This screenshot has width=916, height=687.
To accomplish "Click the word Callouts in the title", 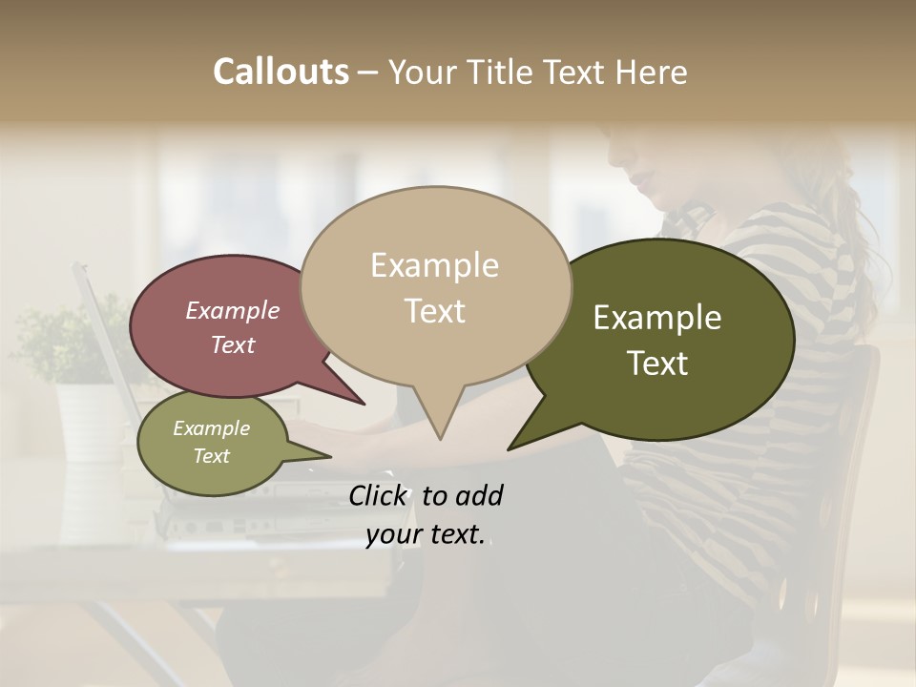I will [x=281, y=72].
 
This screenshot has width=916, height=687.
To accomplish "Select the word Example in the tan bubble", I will [x=434, y=265].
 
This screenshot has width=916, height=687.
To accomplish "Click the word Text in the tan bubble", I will [x=434, y=311].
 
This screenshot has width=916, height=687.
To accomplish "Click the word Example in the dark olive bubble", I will [x=657, y=318].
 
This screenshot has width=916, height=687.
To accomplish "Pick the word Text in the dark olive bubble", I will [x=657, y=364].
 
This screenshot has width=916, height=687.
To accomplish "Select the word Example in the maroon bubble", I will [x=233, y=310].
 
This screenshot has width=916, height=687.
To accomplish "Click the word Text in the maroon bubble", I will [x=233, y=345].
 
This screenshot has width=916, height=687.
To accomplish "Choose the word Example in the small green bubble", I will [x=211, y=428].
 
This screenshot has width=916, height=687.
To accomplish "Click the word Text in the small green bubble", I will [x=211, y=456].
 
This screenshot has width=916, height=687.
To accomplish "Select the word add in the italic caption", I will [x=479, y=495].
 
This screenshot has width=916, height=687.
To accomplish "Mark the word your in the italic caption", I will [x=394, y=535].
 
